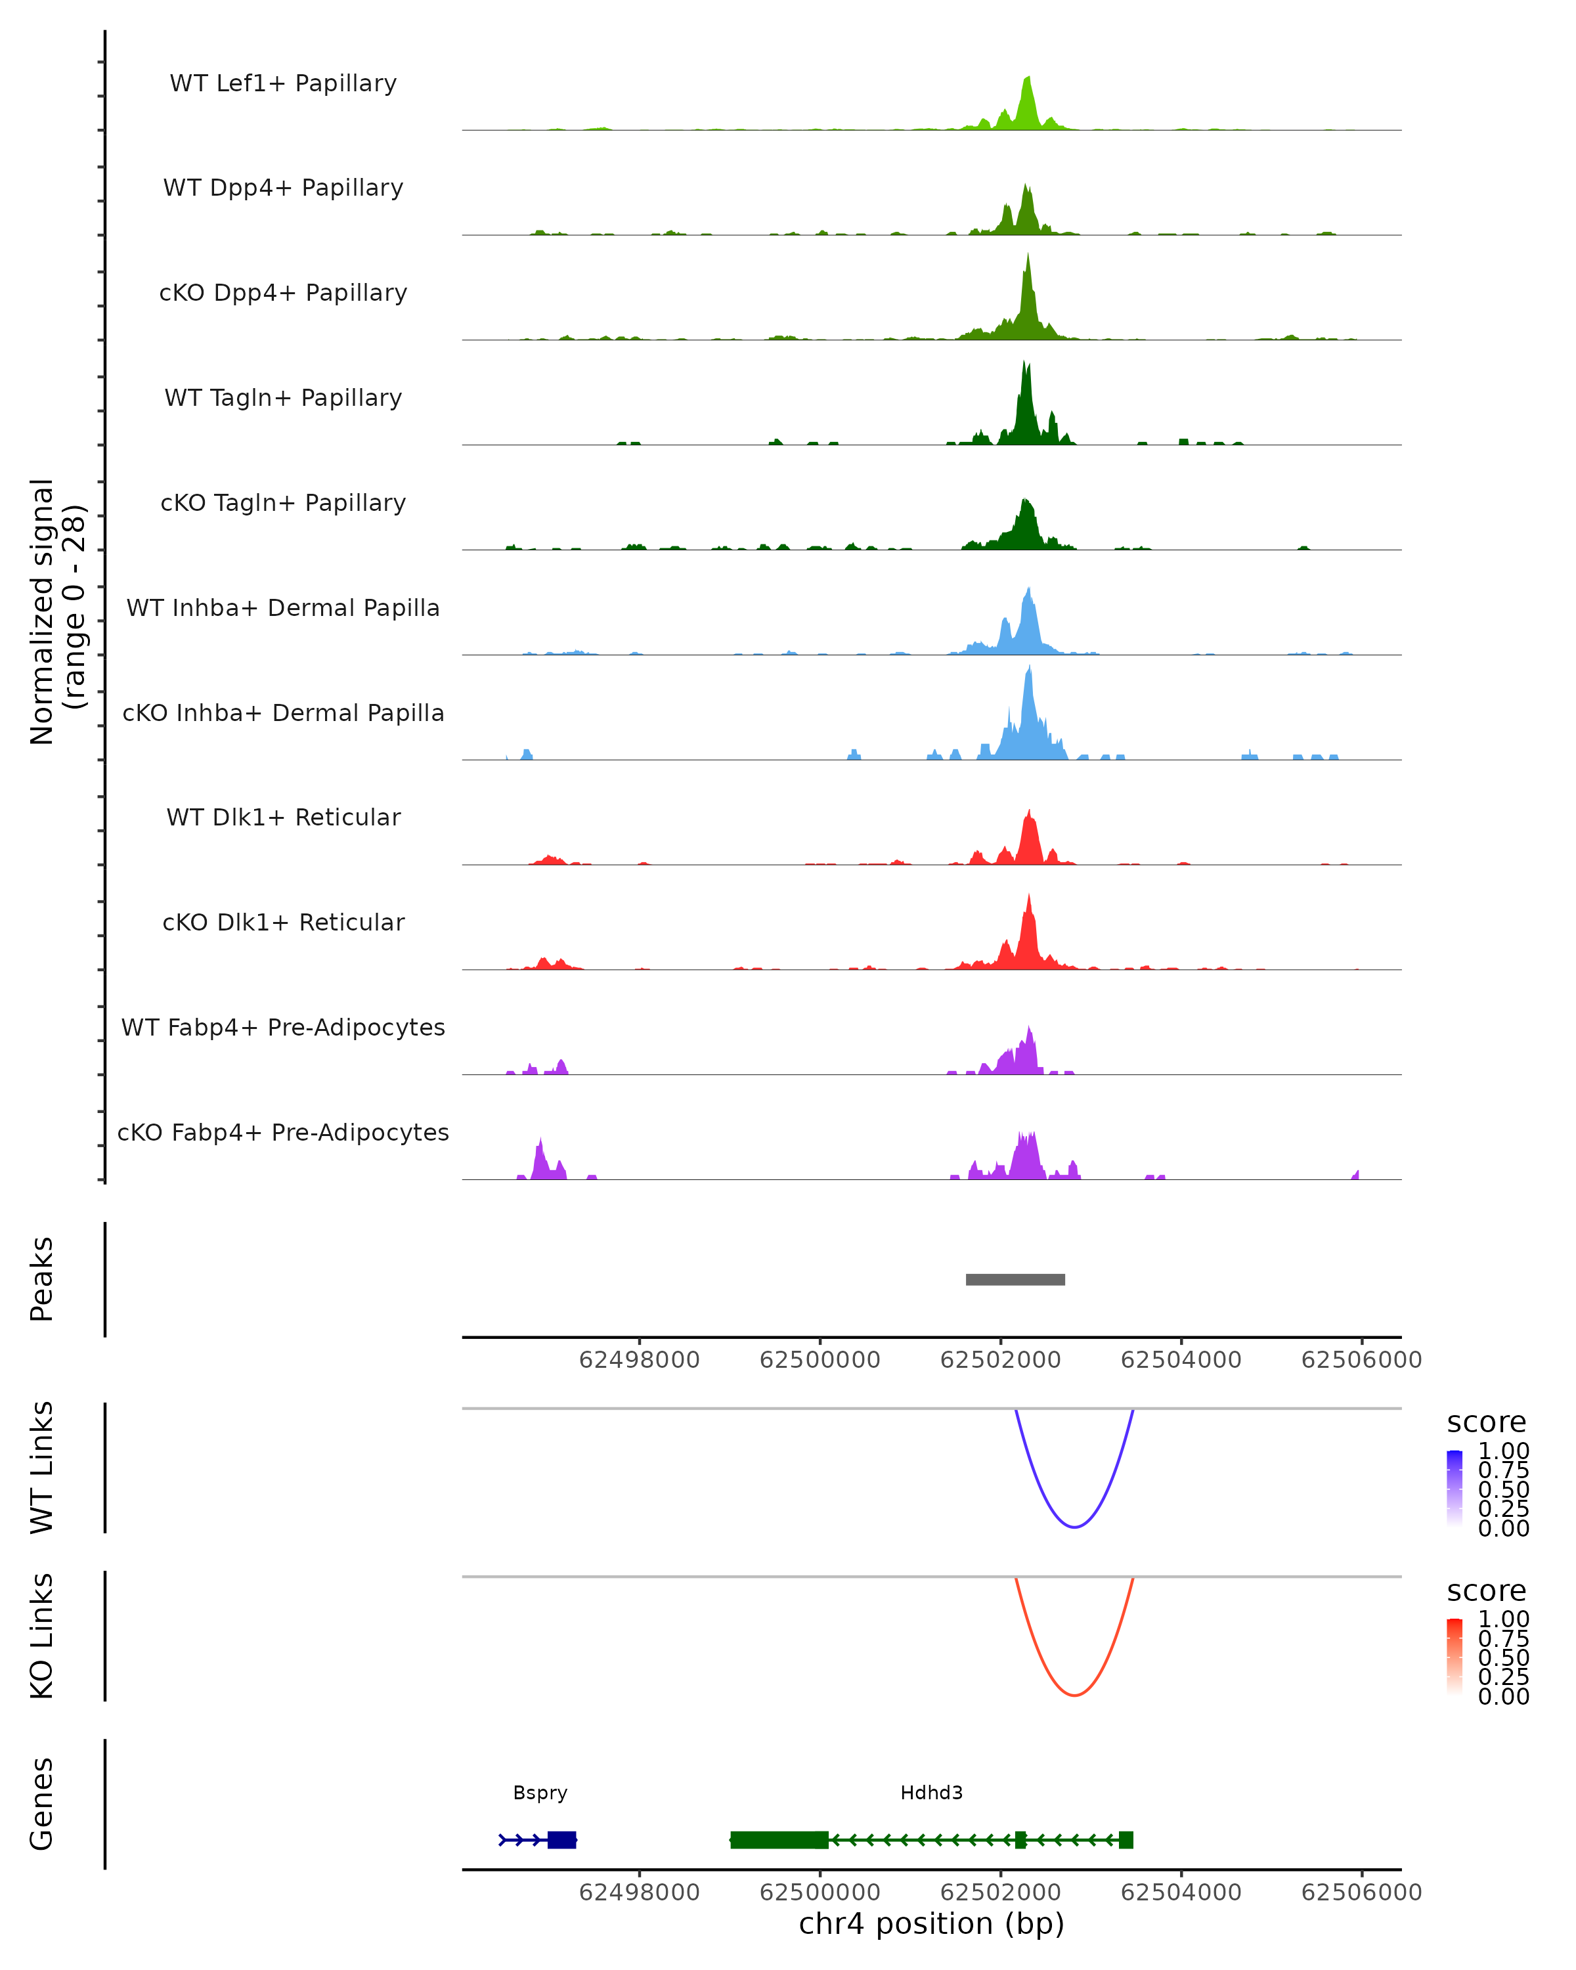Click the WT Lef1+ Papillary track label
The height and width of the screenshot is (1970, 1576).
pos(283,83)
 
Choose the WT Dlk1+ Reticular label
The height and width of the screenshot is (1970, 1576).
pos(283,817)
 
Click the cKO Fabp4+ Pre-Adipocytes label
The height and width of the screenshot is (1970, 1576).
pos(283,1132)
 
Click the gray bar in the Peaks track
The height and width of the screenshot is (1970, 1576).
pos(1015,1279)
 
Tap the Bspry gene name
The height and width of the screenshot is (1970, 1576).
pos(540,1793)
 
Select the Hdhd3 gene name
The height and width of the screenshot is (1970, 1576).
pos(931,1793)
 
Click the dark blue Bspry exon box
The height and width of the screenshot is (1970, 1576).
pos(562,1839)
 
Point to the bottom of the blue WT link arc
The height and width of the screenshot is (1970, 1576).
pos(1074,1527)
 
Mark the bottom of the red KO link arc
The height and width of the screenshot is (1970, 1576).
pos(1074,1695)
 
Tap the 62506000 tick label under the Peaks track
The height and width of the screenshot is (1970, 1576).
pos(1361,1360)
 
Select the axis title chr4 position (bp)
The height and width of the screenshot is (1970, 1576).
pos(931,1924)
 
